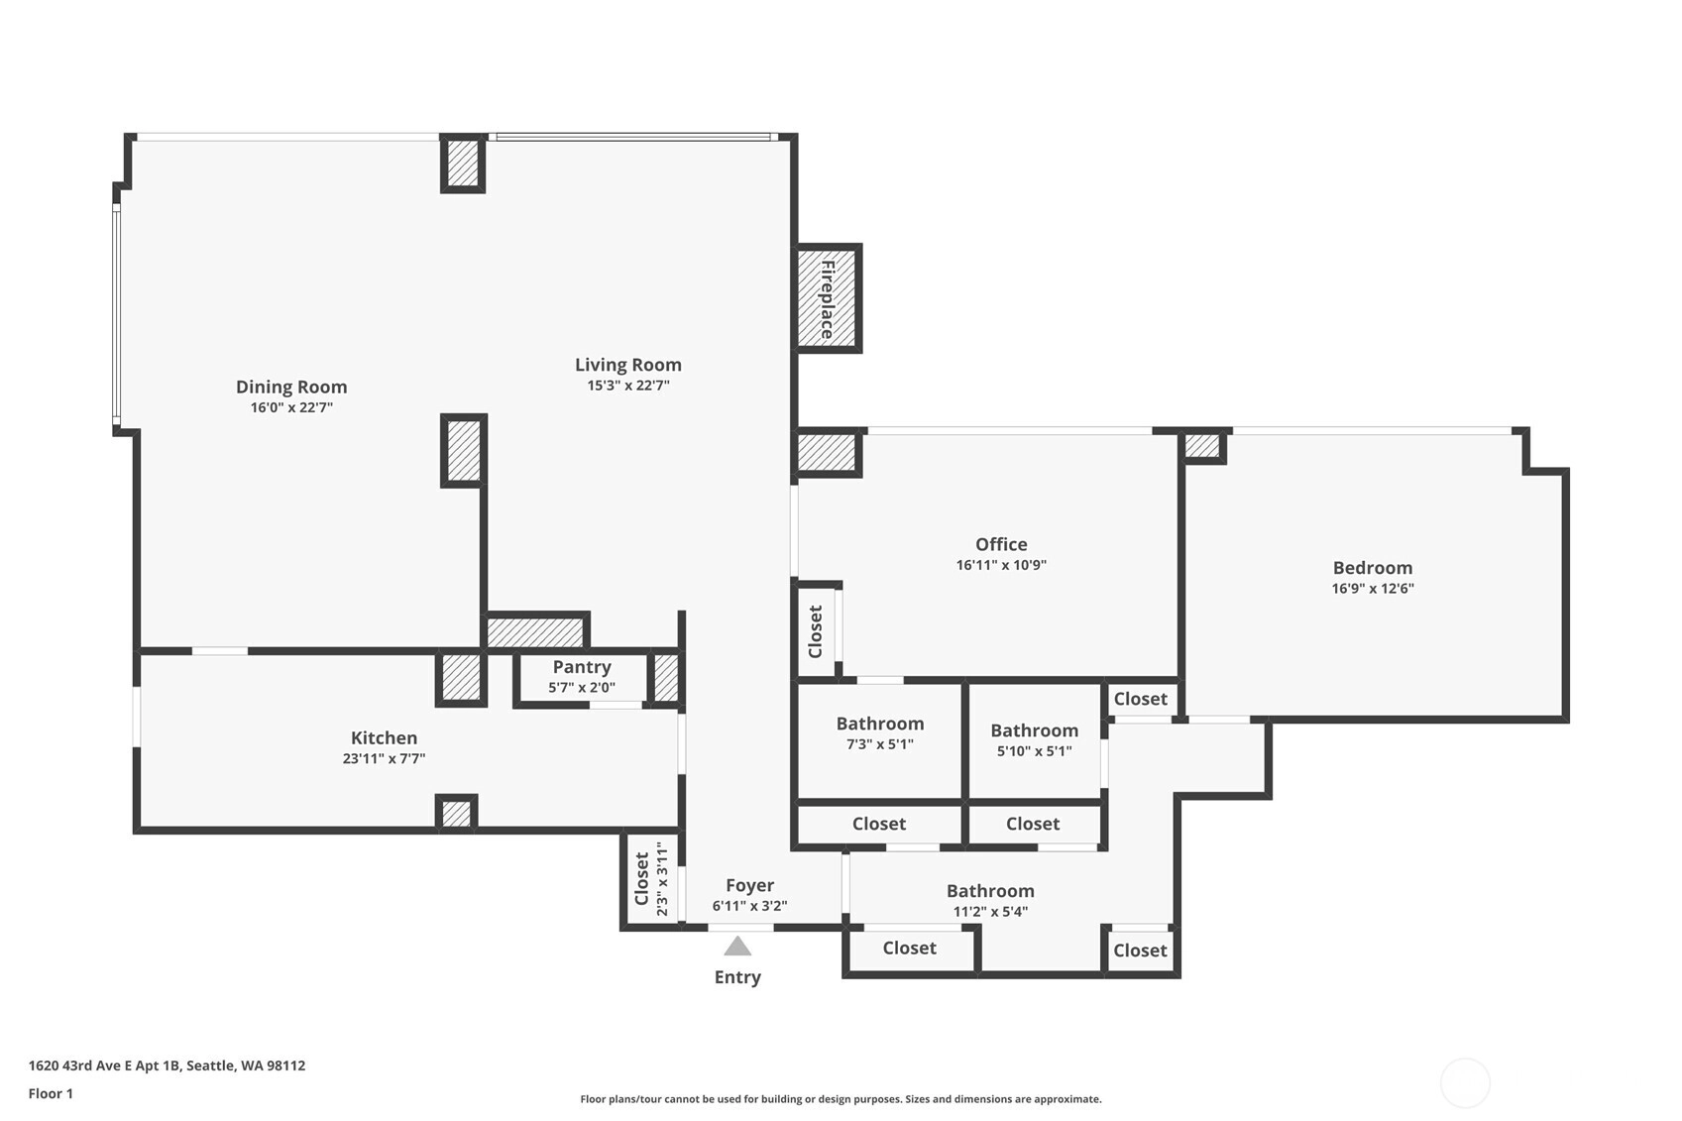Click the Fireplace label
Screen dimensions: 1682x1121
[827, 298]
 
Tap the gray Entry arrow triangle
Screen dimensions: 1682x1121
[737, 946]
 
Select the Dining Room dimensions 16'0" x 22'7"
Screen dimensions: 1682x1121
[291, 407]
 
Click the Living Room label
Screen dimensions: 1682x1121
[628, 364]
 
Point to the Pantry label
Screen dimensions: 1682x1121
[582, 667]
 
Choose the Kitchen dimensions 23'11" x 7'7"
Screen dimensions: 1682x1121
[384, 758]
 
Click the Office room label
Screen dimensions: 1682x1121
[1001, 543]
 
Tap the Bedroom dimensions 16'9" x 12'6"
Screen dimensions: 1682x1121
[1373, 588]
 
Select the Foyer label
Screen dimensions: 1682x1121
[749, 885]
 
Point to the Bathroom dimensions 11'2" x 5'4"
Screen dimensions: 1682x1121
[990, 912]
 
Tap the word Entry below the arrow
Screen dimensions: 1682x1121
[737, 977]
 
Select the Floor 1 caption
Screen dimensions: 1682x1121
[52, 1093]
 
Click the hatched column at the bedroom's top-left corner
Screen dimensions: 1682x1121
[1202, 446]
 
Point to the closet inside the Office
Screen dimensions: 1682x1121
[816, 631]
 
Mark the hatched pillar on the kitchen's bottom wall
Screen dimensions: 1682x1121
[456, 814]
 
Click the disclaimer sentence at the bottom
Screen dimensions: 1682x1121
[841, 1099]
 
